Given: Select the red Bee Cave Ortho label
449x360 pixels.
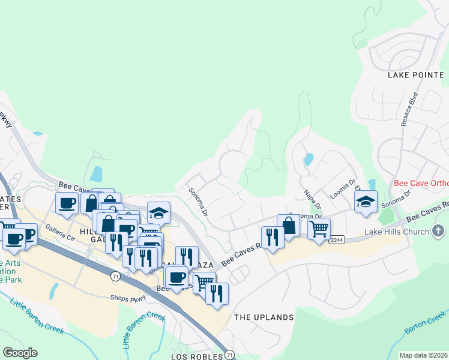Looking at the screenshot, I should pyautogui.click(x=421, y=183).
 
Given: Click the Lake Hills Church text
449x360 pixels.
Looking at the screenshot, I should pyautogui.click(x=397, y=232).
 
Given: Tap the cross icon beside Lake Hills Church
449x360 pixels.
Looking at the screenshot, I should pyautogui.click(x=439, y=230).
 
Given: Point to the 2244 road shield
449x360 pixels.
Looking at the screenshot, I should pyautogui.click(x=337, y=239).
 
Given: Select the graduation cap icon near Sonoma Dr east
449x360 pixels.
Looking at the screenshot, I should pyautogui.click(x=366, y=202).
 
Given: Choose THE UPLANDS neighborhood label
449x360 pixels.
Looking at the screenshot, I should pyautogui.click(x=264, y=317).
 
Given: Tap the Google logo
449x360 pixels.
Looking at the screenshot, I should pyautogui.click(x=20, y=353).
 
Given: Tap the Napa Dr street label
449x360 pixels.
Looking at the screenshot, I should pyautogui.click(x=310, y=196).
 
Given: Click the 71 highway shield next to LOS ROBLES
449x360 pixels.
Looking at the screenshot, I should pyautogui.click(x=229, y=355).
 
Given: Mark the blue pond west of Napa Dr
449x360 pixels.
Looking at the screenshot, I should pyautogui.click(x=308, y=160).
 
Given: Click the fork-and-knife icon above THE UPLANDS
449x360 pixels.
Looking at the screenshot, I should pyautogui.click(x=217, y=293).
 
